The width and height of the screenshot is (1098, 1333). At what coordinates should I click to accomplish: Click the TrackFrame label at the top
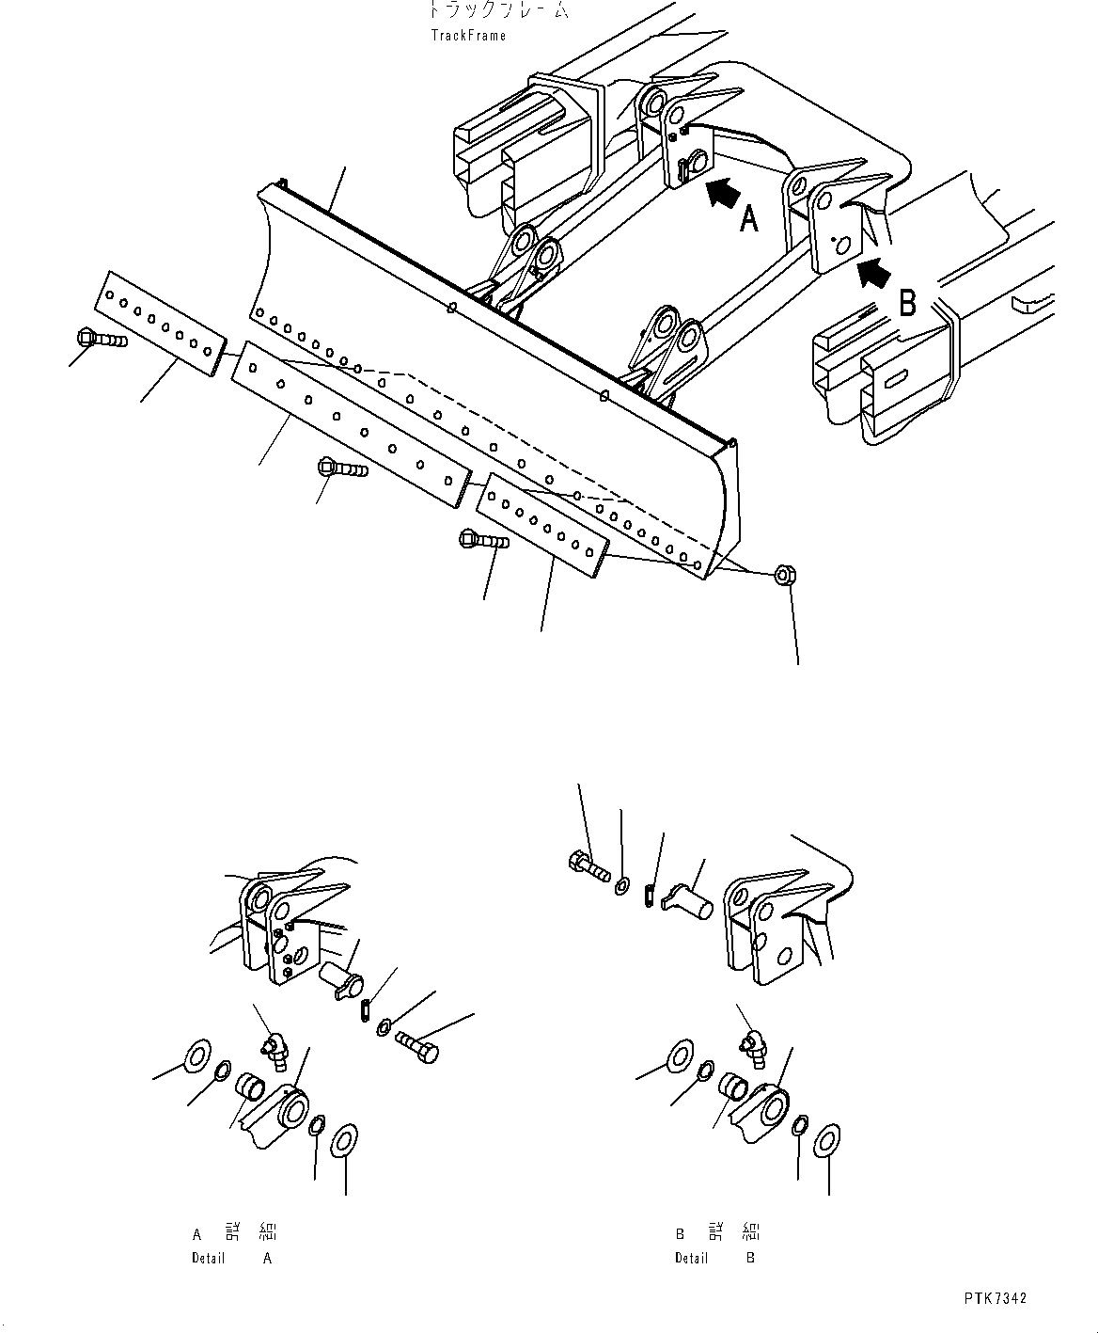(468, 36)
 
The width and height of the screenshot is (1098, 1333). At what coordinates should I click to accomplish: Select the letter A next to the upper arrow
(748, 219)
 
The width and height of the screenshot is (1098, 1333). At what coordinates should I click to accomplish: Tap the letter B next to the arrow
(907, 303)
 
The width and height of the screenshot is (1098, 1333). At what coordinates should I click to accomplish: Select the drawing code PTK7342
(995, 1298)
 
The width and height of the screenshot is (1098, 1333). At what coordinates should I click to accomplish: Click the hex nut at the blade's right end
(784, 575)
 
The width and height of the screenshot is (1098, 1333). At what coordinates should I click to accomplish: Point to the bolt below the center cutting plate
(341, 467)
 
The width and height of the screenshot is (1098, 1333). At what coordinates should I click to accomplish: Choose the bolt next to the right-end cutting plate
(483, 540)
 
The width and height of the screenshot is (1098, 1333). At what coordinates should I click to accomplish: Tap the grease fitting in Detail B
(756, 1047)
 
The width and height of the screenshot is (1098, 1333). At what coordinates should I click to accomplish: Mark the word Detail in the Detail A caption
(209, 1258)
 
